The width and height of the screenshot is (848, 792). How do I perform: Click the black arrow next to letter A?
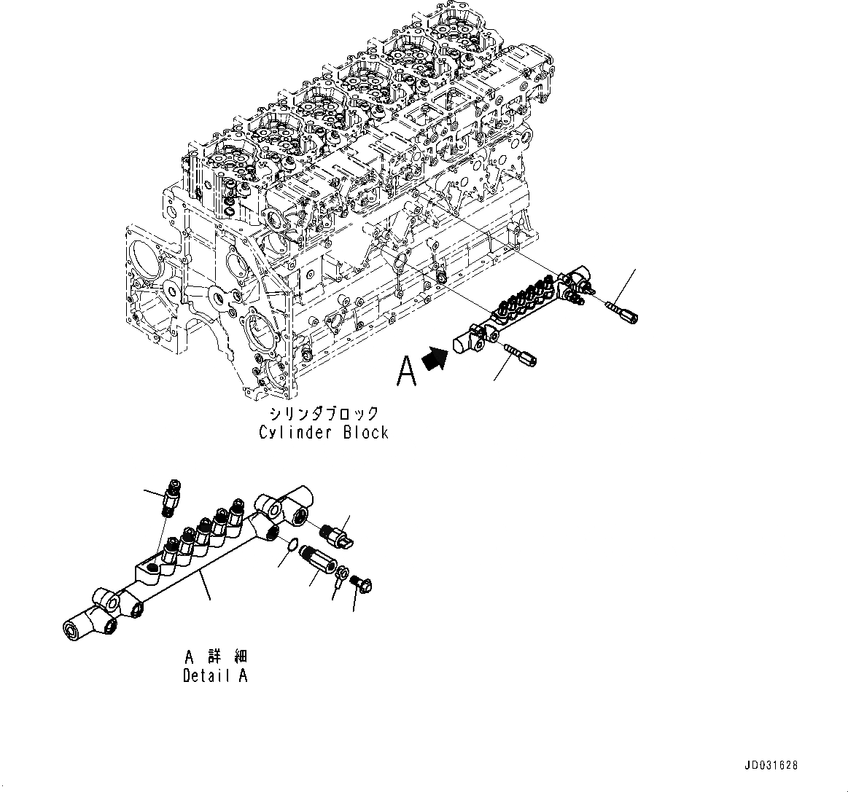435,359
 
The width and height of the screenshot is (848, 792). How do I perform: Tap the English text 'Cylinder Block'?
324,432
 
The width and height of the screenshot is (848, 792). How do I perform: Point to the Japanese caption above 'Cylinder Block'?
324,413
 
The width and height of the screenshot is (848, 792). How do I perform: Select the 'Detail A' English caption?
215,675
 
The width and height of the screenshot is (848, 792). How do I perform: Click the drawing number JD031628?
771,766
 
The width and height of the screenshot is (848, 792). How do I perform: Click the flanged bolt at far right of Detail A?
358,582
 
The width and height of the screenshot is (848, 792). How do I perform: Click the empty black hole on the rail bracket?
151,568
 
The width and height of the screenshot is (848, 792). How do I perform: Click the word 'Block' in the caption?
365,432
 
